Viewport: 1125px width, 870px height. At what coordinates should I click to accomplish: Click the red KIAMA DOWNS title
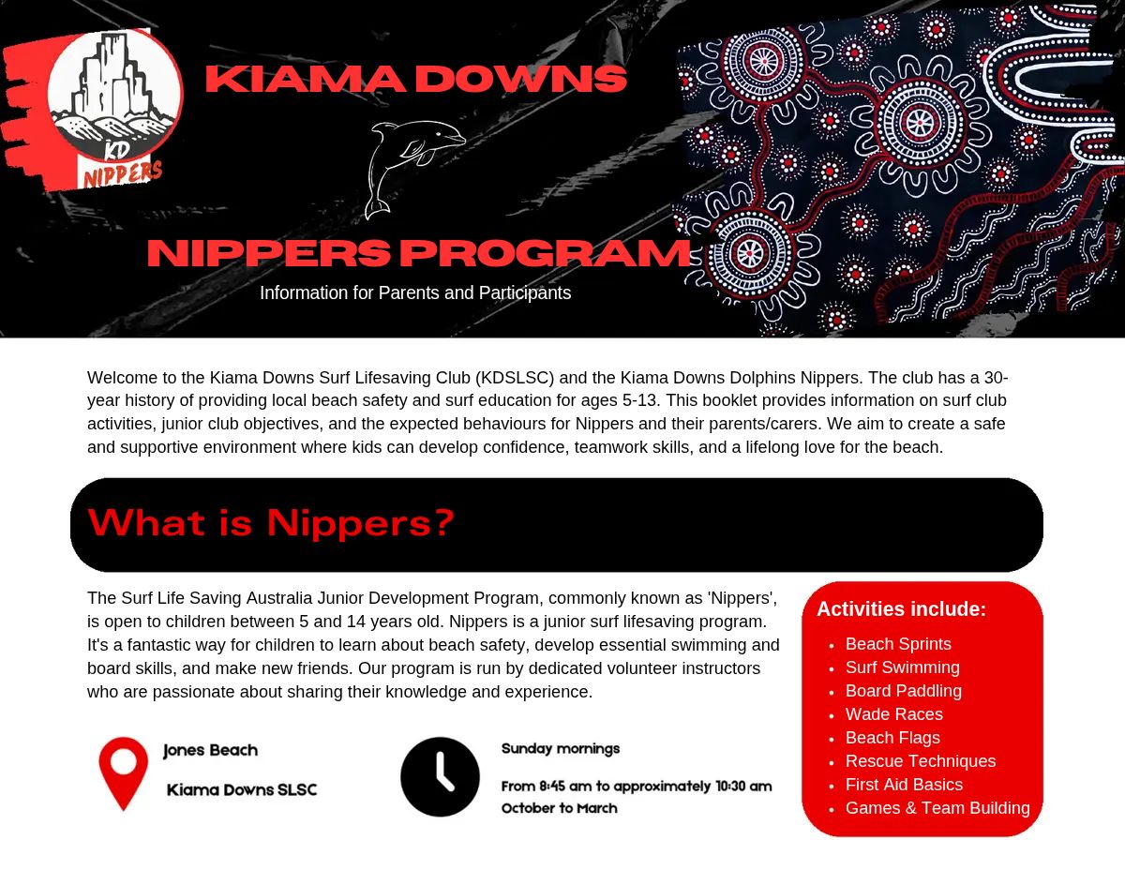click(x=415, y=79)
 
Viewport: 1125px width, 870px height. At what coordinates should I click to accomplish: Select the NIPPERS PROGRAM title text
click(x=418, y=253)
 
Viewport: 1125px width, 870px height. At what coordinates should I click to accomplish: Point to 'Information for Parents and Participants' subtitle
click(x=415, y=293)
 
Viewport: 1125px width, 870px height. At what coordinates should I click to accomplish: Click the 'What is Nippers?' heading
click(x=271, y=523)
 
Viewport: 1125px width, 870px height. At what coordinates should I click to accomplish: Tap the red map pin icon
click(x=124, y=772)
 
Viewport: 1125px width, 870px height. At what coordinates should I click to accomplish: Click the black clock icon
click(x=440, y=776)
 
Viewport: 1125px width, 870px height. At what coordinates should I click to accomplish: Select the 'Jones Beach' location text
click(x=210, y=751)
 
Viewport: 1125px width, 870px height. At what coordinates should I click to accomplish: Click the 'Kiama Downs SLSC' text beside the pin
click(x=242, y=790)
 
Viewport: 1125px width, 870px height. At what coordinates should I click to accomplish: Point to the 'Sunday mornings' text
click(x=561, y=749)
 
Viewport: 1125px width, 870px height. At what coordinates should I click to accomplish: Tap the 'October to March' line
click(x=559, y=808)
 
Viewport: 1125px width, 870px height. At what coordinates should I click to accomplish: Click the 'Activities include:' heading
click(x=901, y=609)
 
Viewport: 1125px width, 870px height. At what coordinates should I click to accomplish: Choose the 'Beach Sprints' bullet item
click(x=898, y=644)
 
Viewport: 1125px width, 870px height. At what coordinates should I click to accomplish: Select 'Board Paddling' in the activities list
click(x=903, y=691)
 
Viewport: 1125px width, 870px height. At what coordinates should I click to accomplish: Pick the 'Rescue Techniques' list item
click(x=920, y=761)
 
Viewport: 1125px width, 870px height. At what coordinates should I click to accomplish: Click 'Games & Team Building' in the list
click(x=937, y=808)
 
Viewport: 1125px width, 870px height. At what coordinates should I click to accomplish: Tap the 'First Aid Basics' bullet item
click(x=904, y=785)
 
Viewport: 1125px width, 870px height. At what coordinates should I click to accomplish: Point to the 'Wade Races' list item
click(x=893, y=714)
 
